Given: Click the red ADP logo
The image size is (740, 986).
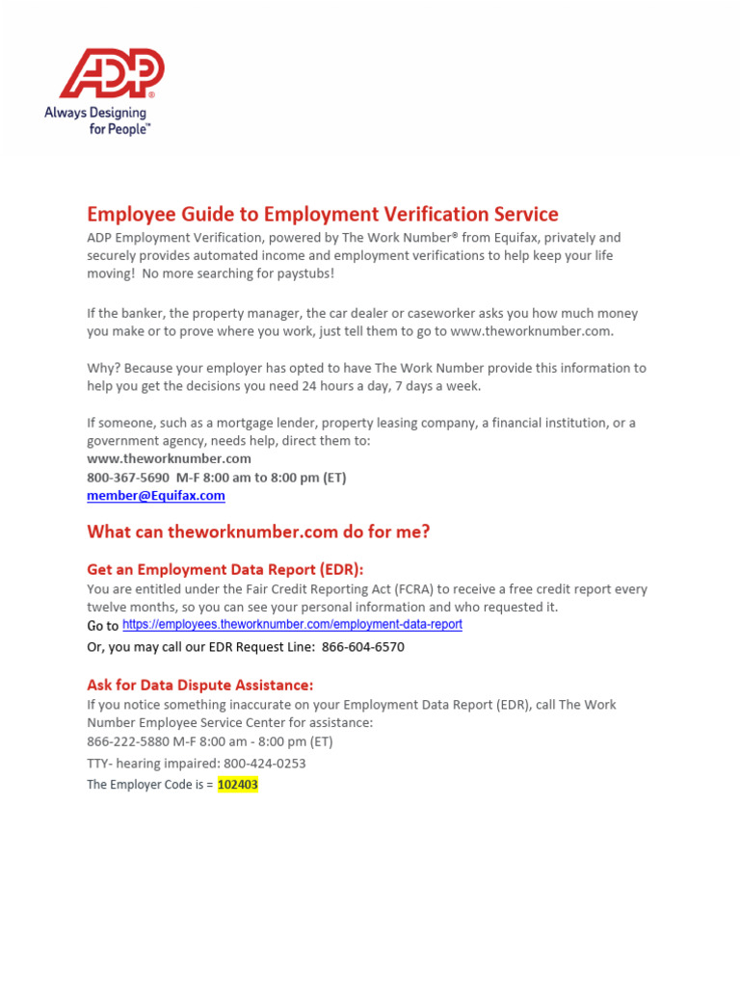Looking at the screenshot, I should pos(112,74).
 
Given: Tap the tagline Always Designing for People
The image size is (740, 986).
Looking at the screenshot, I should pos(97,120).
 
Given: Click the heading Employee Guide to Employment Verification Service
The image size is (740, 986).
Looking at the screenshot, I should pos(323,214).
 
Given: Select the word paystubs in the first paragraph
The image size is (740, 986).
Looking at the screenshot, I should pos(301,274).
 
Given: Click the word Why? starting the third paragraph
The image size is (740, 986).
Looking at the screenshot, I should pos(103,368).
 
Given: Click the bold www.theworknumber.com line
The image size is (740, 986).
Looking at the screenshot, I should pos(169,459).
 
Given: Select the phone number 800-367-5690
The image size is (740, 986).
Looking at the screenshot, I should pos(128,478).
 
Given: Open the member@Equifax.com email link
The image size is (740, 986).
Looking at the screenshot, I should pos(155,496).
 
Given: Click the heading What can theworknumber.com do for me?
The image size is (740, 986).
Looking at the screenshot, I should pos(258,532).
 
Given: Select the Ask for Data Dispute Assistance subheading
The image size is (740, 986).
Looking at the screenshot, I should pos(199,685).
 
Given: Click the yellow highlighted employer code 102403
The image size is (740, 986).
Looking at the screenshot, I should pos(237,785).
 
